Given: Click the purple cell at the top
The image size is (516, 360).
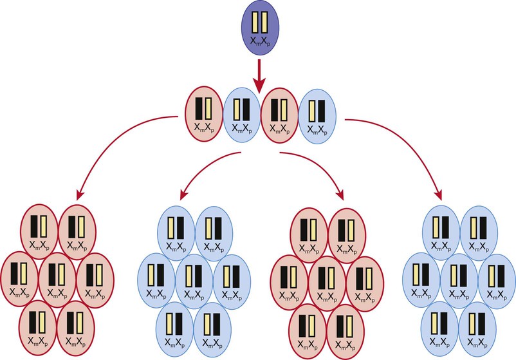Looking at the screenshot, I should tap(260, 27).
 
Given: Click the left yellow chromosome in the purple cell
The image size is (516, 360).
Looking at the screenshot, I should tap(256, 22).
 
